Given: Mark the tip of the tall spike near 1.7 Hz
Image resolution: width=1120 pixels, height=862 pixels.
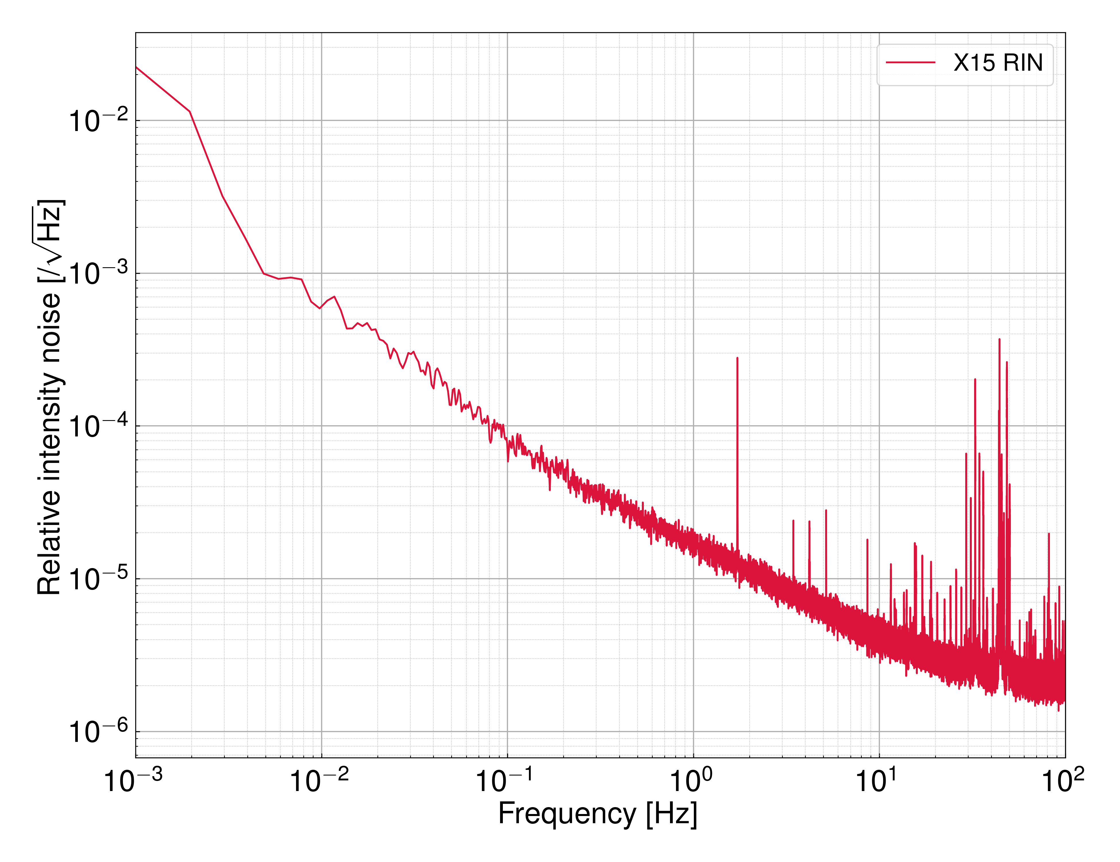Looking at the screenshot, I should [x=737, y=358].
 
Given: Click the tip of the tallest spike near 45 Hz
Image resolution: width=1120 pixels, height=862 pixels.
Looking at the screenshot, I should [x=999, y=339].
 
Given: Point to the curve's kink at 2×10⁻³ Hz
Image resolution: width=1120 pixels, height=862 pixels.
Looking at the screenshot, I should [x=190, y=112].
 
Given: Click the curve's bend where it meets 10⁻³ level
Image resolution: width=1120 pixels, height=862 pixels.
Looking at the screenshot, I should [x=264, y=274].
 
